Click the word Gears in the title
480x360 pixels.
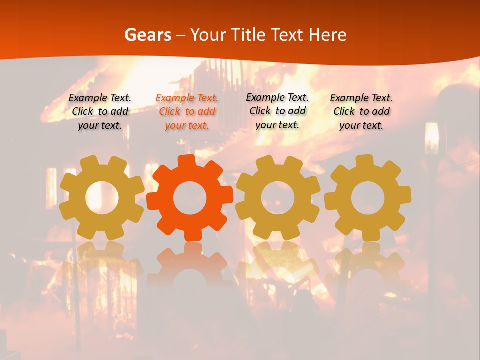(x=147, y=35)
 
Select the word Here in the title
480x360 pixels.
(x=328, y=35)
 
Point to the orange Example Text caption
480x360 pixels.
(x=187, y=111)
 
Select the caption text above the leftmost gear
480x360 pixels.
(x=100, y=111)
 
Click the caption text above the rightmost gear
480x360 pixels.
(x=361, y=111)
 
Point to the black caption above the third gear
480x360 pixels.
(x=277, y=111)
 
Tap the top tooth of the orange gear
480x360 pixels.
(x=187, y=161)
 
